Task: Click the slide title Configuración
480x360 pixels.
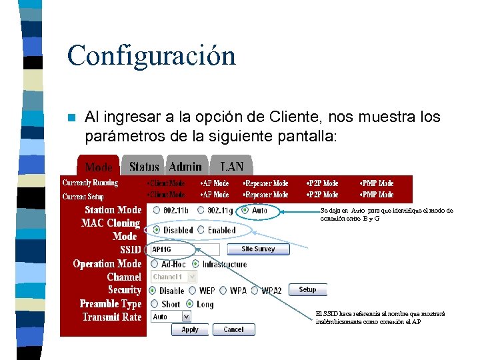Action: click(151, 55)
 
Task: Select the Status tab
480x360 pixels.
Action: click(144, 166)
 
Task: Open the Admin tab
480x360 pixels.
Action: click(185, 166)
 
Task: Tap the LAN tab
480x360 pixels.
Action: click(231, 166)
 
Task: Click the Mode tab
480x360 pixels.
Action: click(99, 167)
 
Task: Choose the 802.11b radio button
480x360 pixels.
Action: click(157, 210)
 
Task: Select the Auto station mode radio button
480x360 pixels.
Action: click(245, 210)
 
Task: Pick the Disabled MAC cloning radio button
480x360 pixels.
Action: click(157, 230)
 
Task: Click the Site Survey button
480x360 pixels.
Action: click(258, 249)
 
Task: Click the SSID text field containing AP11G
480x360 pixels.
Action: click(185, 249)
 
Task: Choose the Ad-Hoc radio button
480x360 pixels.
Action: click(155, 264)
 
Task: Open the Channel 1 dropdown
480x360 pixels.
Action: click(174, 277)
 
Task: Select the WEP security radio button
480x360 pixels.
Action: click(193, 291)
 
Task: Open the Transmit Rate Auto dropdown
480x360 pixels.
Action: click(171, 317)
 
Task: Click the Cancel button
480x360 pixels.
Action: click(233, 329)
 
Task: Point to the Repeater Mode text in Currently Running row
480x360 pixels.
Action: click(266, 183)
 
